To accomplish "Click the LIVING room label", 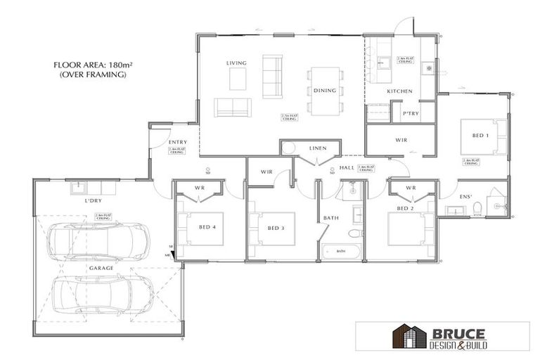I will tap(236, 63).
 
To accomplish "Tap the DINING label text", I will tap(324, 91).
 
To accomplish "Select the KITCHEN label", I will tap(399, 92).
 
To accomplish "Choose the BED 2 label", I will tap(404, 209).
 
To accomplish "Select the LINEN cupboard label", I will tap(318, 148).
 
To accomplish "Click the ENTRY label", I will tap(177, 143).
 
